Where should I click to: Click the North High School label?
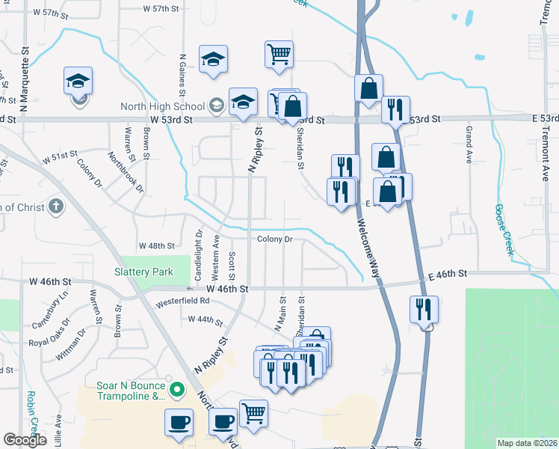click(x=164, y=105)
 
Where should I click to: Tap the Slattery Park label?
click(x=143, y=272)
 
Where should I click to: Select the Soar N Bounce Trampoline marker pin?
click(x=177, y=389)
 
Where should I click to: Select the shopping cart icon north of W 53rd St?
click(x=279, y=54)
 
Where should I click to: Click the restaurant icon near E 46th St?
click(x=423, y=308)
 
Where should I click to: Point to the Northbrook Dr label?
click(x=126, y=172)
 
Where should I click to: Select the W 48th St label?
click(x=156, y=245)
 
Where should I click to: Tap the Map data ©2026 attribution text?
click(x=528, y=443)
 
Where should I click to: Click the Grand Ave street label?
click(x=469, y=146)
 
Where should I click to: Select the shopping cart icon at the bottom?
click(x=253, y=413)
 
